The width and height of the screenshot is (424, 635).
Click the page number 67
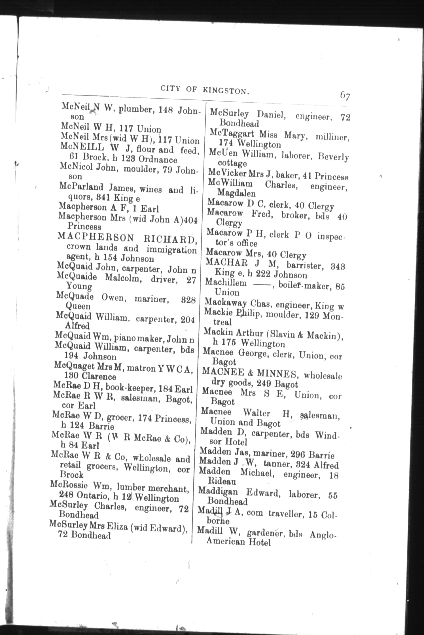(x=345, y=95)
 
